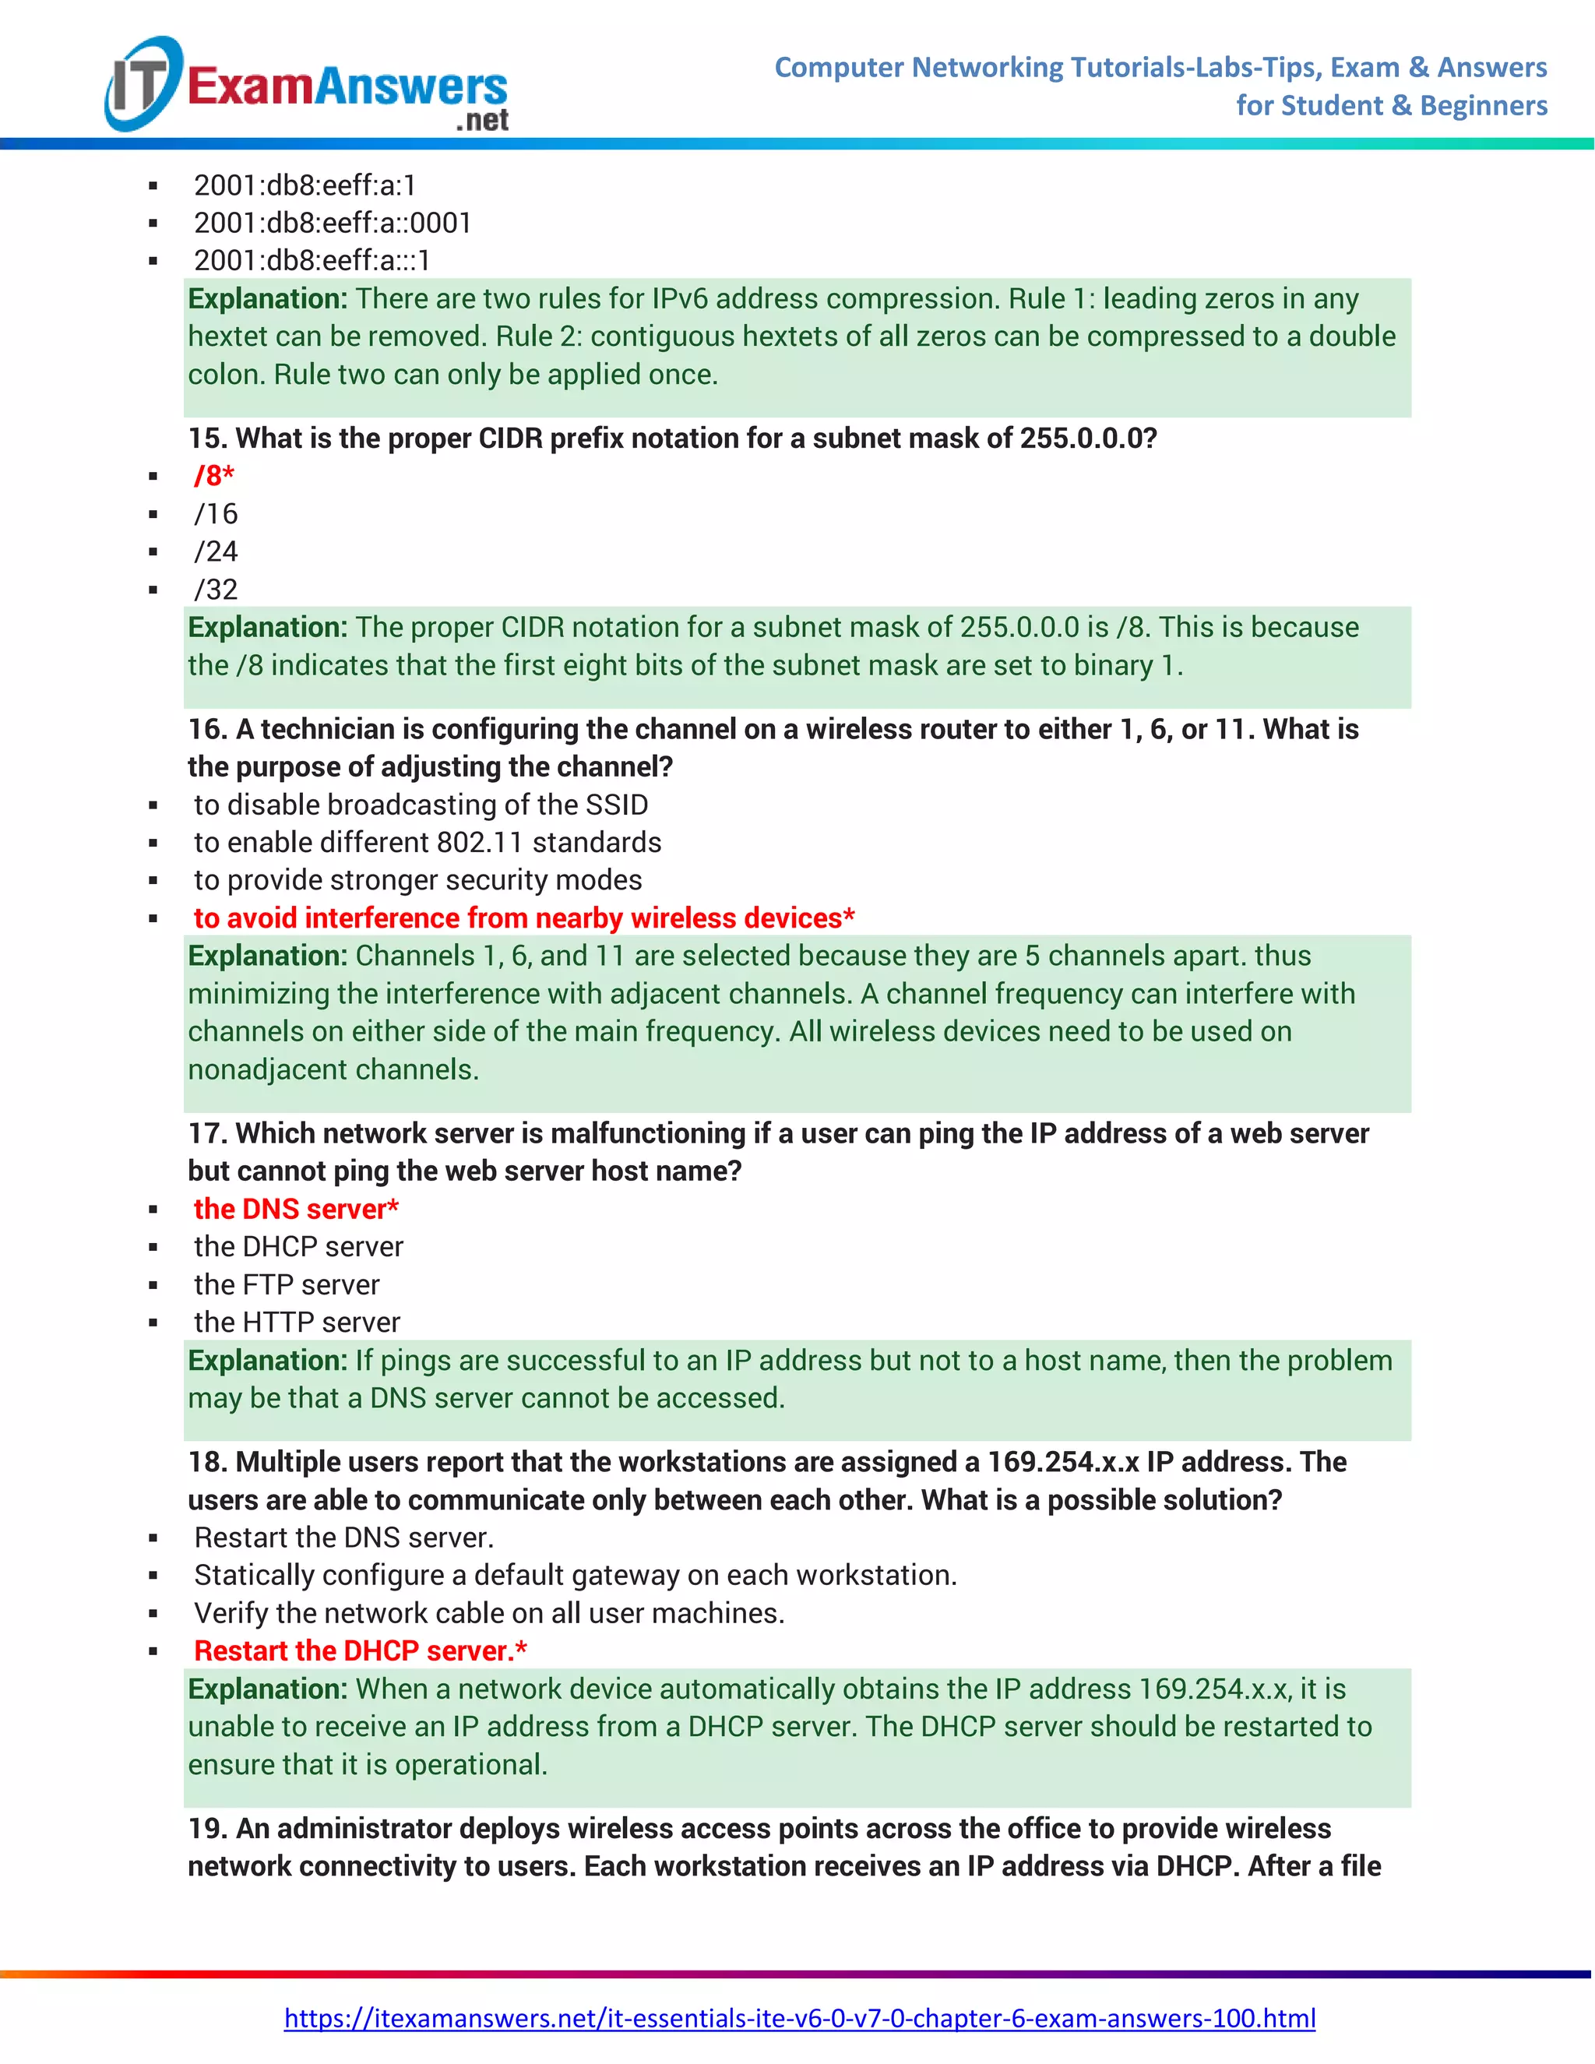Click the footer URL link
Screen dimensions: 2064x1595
click(x=799, y=2018)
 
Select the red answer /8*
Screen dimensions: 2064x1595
click(x=214, y=475)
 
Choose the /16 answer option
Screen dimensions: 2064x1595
click(x=217, y=513)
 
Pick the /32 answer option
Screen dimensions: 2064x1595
click(x=217, y=589)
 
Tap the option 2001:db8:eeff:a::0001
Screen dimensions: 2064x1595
click(x=333, y=223)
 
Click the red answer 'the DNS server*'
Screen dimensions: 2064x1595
click(x=296, y=1209)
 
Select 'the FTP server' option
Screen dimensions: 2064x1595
click(x=287, y=1284)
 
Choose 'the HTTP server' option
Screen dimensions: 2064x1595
click(x=297, y=1323)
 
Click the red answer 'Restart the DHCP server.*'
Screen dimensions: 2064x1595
click(x=360, y=1650)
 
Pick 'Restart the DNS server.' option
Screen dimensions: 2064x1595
click(x=344, y=1537)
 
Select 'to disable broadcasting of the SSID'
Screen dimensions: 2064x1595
click(x=421, y=805)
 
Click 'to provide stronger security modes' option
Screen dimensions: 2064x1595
click(x=417, y=880)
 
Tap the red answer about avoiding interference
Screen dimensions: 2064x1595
click(x=524, y=918)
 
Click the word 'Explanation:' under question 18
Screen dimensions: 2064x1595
click(x=267, y=1689)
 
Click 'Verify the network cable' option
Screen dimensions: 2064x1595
click(x=488, y=1612)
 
